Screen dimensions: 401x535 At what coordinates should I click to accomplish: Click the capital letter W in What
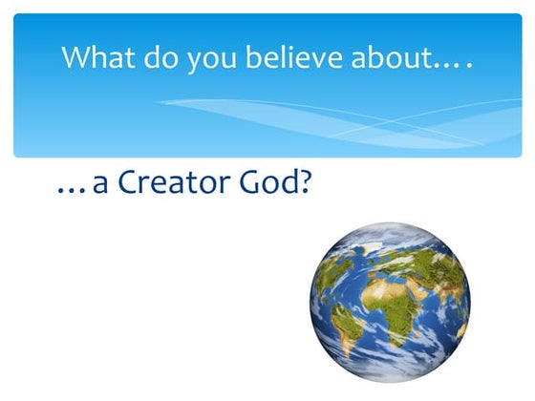click(76, 56)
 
